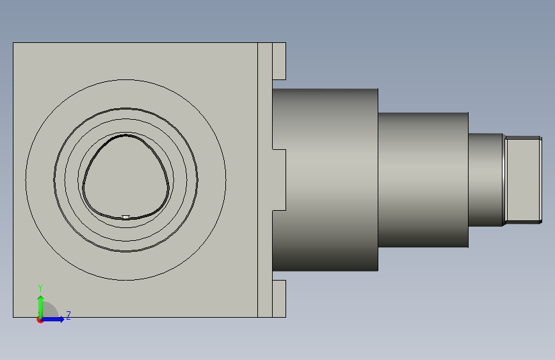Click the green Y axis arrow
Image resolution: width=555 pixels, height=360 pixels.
point(41,307)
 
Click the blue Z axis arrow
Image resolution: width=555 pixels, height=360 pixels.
point(53,319)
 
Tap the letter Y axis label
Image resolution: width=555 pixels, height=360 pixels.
point(40,288)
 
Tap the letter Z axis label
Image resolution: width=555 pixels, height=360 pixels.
point(68,315)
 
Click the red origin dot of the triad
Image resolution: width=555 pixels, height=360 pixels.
point(40,320)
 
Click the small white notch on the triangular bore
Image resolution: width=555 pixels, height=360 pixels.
point(125,217)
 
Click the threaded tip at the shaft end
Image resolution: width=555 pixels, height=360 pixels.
point(524,180)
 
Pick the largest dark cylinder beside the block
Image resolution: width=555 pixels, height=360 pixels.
point(325,180)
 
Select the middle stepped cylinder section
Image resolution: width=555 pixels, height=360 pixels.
point(423,180)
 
